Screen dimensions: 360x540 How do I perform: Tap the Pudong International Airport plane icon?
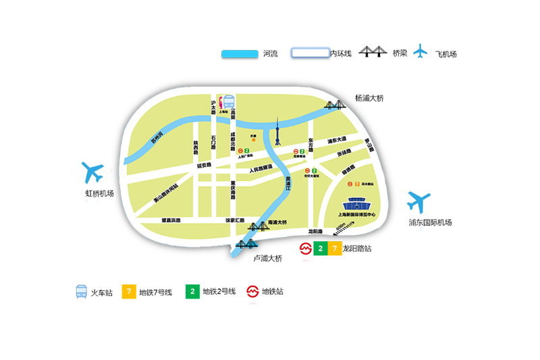418,201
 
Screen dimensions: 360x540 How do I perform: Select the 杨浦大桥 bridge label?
369,98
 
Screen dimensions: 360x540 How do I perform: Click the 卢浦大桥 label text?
267,258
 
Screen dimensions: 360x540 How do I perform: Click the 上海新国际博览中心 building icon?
356,204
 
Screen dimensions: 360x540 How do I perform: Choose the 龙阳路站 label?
357,249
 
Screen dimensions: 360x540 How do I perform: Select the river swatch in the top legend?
240,53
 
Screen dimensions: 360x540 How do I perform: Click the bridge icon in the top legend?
373,52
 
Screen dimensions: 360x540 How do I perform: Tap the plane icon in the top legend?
421,51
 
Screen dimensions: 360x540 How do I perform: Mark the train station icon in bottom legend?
81,292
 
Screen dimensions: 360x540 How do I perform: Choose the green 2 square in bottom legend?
193,292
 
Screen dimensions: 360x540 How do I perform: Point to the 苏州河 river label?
157,143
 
